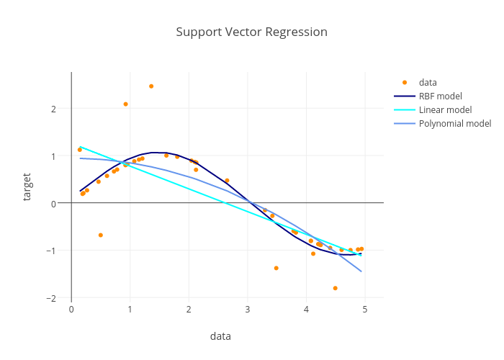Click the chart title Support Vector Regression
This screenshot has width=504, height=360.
[251, 32]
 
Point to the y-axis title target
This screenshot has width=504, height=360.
[27, 186]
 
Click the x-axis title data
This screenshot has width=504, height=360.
[220, 336]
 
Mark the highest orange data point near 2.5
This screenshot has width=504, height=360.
[151, 86]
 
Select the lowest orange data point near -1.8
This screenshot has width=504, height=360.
[336, 288]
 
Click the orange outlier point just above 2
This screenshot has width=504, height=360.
[125, 104]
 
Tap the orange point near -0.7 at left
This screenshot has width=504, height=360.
[101, 235]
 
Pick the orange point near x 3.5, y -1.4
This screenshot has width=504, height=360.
[276, 268]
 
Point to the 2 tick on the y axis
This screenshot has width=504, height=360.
[53, 109]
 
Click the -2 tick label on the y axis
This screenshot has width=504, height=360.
[50, 298]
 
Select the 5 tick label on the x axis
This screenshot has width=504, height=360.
[364, 310]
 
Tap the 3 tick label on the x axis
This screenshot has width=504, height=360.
[247, 310]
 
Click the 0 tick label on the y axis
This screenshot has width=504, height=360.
[53, 204]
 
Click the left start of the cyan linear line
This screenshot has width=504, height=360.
[80, 147]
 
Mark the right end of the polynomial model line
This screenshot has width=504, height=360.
[361, 271]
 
